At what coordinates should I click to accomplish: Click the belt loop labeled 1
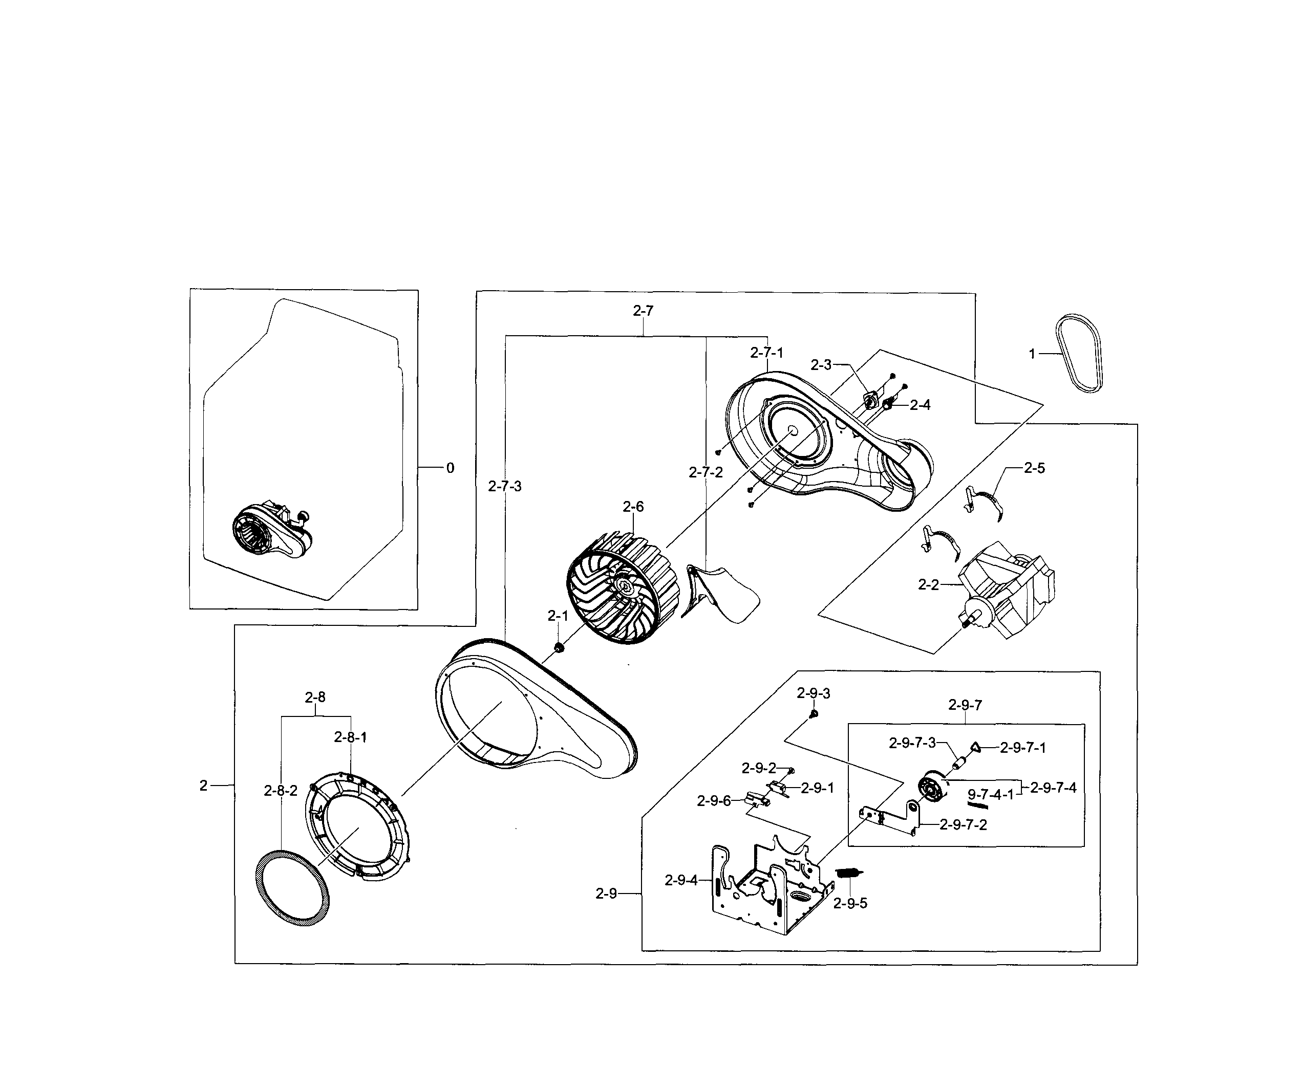(x=1080, y=354)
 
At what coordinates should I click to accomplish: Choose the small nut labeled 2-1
(x=558, y=648)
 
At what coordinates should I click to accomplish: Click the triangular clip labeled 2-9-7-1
(x=975, y=747)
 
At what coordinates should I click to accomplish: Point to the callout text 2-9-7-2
(x=963, y=824)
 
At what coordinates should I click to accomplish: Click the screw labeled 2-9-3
(x=814, y=714)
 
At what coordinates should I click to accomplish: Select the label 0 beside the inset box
(x=450, y=468)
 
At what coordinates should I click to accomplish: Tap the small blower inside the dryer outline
(x=270, y=533)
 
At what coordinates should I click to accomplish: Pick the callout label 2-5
(x=1034, y=468)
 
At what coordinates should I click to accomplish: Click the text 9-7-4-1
(x=990, y=794)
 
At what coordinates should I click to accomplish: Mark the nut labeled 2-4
(x=887, y=404)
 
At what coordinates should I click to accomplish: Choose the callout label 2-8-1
(x=351, y=737)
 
